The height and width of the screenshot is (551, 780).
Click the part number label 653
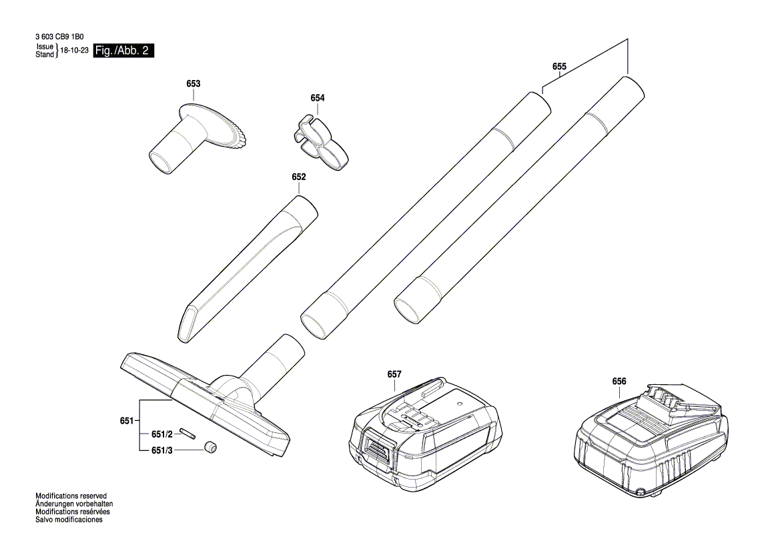coord(193,84)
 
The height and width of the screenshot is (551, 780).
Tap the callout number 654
coord(318,98)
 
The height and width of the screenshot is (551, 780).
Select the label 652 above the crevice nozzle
coord(298,177)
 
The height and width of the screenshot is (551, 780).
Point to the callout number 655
coord(559,67)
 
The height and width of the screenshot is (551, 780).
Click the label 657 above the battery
coord(394,375)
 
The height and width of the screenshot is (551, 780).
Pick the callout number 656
coord(619,382)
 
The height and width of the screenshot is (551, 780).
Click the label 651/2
coord(161,434)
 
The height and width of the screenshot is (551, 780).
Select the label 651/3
coord(161,451)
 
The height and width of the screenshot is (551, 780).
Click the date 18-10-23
coord(74,51)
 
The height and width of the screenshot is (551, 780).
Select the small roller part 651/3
coord(212,448)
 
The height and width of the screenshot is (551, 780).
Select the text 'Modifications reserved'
coord(71,497)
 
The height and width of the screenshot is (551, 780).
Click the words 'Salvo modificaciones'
coord(69,520)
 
